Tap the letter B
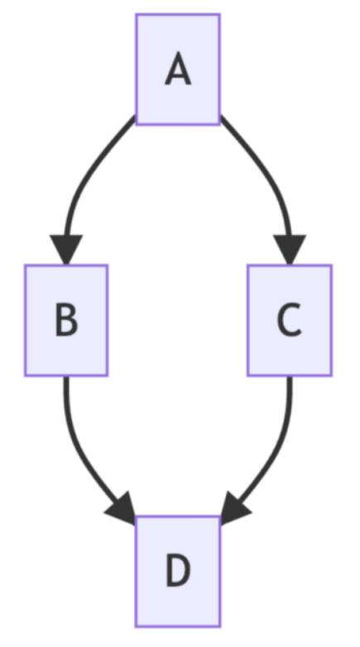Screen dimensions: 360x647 pos(66,320)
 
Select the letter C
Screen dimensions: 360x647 pos(290,320)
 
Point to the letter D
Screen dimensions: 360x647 pos(178,571)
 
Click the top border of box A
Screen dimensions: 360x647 pos(178,14)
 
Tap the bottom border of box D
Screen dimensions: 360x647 pos(178,626)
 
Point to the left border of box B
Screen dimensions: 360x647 pos(25,320)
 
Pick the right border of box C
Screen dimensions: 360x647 pos(331,320)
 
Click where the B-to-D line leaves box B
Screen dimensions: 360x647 pos(66,376)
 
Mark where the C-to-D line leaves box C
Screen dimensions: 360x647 pos(290,376)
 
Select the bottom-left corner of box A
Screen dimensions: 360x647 pos(137,123)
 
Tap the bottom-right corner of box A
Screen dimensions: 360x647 pos(219,123)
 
